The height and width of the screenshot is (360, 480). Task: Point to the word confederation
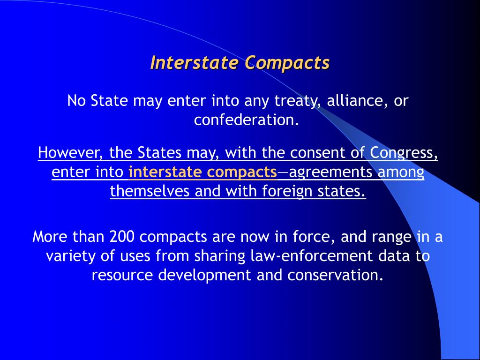tap(247, 120)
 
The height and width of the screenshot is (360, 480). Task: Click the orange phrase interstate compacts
tap(202, 172)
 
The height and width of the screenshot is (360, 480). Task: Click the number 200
tap(123, 237)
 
